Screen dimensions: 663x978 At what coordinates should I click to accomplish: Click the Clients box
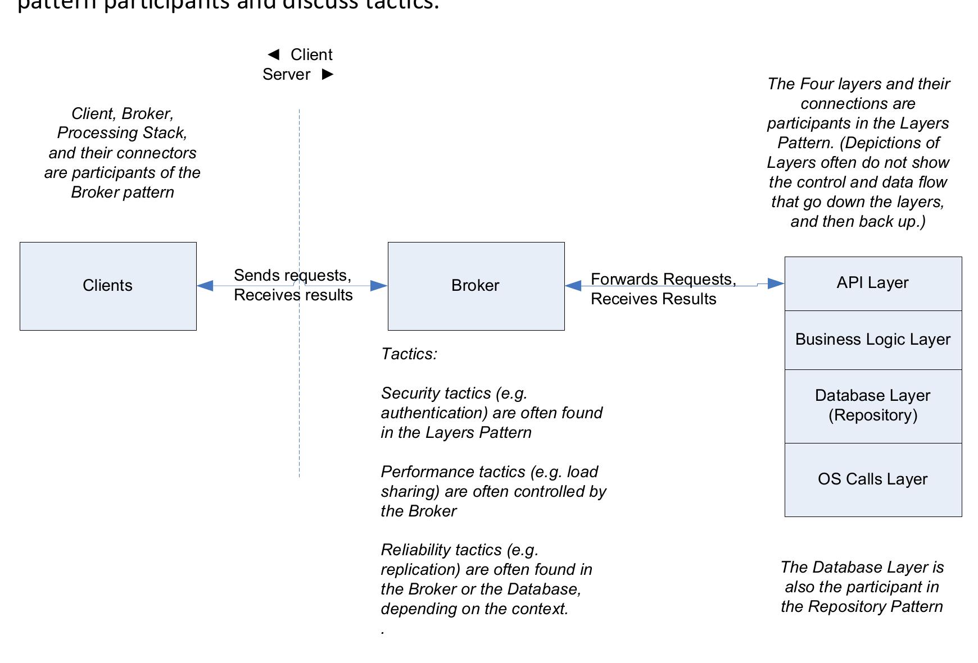[x=108, y=286]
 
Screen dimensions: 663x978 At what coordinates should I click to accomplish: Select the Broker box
[x=476, y=286]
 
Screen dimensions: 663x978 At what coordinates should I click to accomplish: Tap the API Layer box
[x=872, y=283]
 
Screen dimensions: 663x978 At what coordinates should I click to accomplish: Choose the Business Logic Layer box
[x=872, y=340]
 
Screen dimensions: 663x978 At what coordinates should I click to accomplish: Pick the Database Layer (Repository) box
[x=872, y=406]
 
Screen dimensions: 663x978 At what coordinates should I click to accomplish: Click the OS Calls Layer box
[x=872, y=479]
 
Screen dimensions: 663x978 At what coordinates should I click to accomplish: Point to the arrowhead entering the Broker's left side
[x=378, y=286]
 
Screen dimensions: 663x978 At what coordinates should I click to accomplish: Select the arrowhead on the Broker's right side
[x=573, y=286]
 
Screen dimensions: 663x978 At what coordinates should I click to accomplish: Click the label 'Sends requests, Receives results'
[x=293, y=285]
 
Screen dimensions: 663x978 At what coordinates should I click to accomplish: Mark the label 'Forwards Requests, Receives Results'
[x=663, y=289]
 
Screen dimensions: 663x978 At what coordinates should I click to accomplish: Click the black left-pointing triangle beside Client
[x=274, y=54]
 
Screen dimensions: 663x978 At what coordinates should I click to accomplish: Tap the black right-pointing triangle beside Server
[x=328, y=74]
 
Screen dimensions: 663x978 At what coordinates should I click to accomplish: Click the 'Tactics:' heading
[x=409, y=354]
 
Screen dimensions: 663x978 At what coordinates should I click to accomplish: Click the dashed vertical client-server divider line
[x=299, y=393]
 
